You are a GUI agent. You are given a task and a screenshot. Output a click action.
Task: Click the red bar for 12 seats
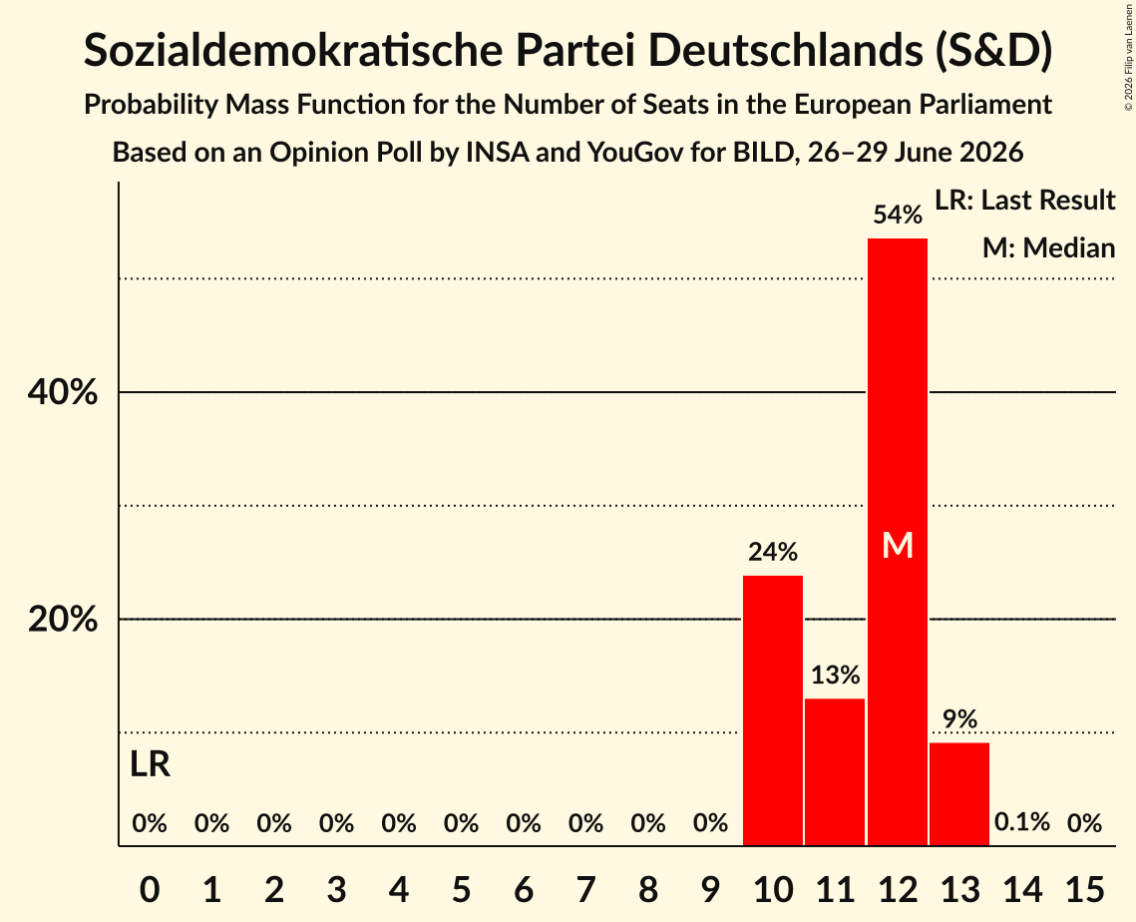(898, 542)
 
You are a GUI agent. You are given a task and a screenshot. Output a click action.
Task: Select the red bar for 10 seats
(773, 710)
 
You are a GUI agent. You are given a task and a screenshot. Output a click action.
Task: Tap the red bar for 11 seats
(836, 772)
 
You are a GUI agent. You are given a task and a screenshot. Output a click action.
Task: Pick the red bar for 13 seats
(959, 794)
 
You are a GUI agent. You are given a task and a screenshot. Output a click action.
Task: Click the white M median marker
(898, 545)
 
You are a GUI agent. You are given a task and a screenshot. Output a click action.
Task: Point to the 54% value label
(898, 215)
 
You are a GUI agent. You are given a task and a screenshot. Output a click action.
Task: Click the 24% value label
(773, 553)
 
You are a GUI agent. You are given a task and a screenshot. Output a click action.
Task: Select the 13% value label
(836, 676)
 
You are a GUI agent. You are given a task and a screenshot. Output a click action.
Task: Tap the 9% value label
(959, 719)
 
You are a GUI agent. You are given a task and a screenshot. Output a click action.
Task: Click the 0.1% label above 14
(1022, 822)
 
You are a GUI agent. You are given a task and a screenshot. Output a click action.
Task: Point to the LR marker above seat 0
(150, 764)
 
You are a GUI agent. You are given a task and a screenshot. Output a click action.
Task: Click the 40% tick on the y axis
(62, 392)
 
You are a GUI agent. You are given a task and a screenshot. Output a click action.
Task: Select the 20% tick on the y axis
(62, 619)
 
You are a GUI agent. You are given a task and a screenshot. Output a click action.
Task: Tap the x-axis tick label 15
(1084, 889)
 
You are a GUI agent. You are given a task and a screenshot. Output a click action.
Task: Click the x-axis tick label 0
(150, 889)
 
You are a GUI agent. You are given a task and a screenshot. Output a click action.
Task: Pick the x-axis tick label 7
(586, 889)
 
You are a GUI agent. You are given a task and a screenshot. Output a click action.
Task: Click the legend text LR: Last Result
(1024, 200)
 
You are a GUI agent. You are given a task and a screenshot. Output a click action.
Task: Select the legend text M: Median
(1048, 247)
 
